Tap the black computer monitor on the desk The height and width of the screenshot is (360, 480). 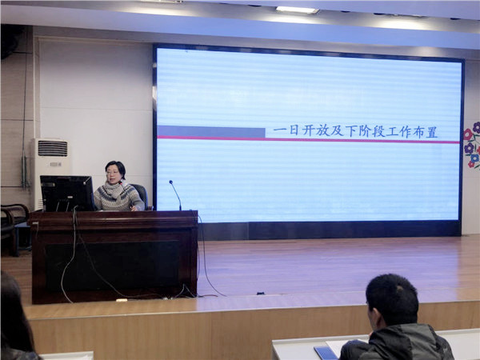pos(67,194)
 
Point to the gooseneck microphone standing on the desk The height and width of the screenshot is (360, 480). pos(175,195)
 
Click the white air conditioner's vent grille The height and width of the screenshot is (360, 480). pos(53,149)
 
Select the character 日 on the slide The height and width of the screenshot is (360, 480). pos(294,130)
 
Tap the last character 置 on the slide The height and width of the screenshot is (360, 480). pos(431,132)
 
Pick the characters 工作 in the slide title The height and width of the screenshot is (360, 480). pos(398,132)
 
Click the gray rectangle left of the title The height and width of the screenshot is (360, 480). pos(211,132)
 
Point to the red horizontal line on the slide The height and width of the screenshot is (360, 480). pos(308,139)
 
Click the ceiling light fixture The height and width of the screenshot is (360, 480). pos(297,10)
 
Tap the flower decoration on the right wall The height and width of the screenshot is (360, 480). pos(472,145)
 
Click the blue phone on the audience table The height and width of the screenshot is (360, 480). pos(326,353)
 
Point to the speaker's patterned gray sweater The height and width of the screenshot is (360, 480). pos(118,197)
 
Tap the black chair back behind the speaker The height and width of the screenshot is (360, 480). pos(141,195)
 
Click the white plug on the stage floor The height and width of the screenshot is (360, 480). pos(122,300)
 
